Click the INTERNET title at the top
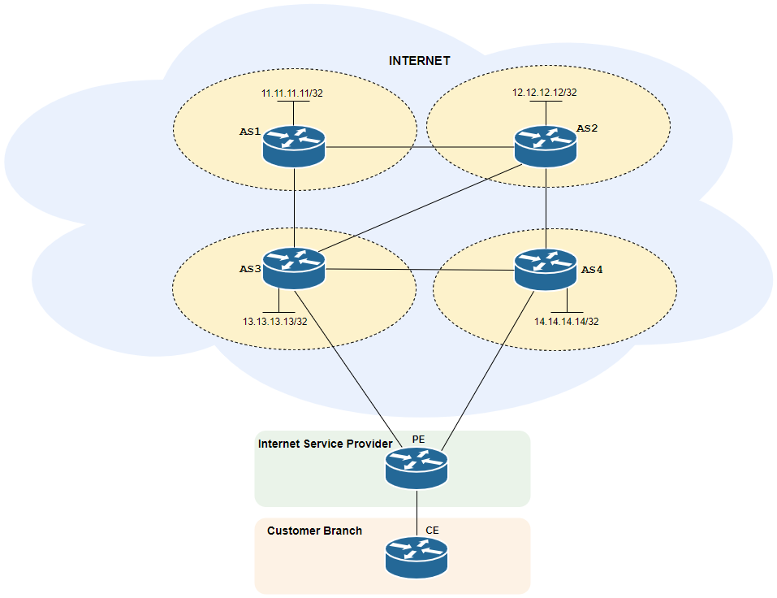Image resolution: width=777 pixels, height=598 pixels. tap(419, 61)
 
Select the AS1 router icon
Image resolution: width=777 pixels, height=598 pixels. tap(294, 147)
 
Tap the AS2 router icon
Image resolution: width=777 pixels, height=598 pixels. tap(546, 147)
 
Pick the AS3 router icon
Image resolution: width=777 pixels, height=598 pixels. tap(294, 269)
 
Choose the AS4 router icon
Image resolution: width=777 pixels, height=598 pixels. tap(546, 269)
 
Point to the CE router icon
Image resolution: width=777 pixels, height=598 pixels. tap(417, 557)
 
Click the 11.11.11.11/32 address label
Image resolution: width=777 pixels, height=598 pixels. tap(292, 93)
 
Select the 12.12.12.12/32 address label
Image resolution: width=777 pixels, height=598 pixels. tap(544, 93)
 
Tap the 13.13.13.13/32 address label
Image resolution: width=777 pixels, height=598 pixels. tap(274, 322)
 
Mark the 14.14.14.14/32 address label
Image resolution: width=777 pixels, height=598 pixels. tap(566, 322)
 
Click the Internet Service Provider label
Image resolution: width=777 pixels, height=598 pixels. tap(325, 444)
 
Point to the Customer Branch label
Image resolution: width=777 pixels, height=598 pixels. tap(314, 531)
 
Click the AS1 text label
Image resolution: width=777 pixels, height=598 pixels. tap(249, 132)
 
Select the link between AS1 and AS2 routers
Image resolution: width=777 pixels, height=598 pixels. tap(419, 148)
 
